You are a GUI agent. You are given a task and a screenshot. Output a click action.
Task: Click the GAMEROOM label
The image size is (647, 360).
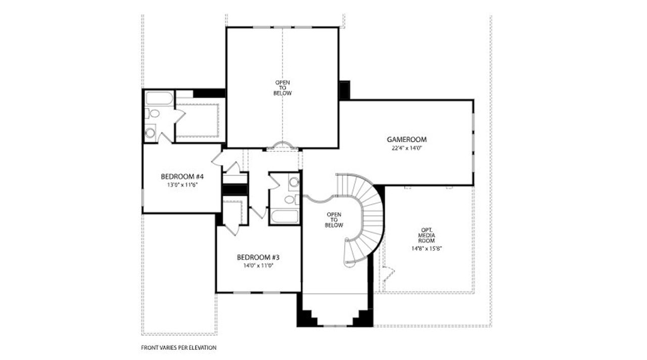407,139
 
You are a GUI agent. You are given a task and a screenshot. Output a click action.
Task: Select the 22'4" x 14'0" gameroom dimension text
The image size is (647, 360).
407,148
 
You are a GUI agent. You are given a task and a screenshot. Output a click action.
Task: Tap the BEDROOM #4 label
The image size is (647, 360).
182,176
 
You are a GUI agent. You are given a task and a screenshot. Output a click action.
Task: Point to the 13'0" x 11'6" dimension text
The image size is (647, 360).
182,185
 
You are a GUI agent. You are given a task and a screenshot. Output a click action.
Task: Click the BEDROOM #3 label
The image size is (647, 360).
258,257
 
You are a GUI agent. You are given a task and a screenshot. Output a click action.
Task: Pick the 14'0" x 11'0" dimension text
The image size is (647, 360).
258,265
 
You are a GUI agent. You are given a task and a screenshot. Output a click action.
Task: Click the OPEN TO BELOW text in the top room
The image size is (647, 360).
283,87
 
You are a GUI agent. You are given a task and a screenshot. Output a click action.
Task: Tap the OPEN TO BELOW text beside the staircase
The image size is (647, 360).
334,219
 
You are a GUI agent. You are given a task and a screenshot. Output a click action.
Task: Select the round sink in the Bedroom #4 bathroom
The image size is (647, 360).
150,133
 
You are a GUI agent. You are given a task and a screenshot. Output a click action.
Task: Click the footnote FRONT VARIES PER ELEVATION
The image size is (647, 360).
178,348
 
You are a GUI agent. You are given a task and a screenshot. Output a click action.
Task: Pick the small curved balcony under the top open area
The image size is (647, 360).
282,145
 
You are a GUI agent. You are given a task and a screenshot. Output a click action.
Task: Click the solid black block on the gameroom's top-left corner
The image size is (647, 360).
344,90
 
